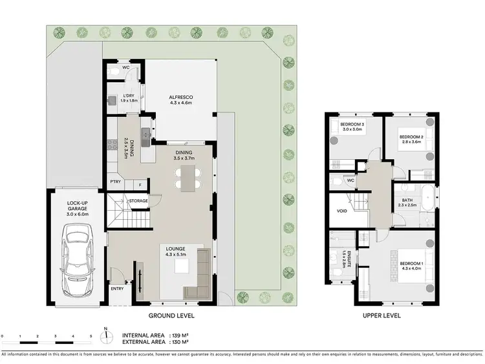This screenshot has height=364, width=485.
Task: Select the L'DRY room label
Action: [129, 98]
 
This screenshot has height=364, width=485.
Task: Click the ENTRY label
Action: [117, 289]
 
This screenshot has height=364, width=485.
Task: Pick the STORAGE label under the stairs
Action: [138, 201]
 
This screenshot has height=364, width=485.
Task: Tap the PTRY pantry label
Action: [115, 183]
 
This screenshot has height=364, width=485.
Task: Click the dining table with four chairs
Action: [188, 177]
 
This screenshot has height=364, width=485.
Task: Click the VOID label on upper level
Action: [342, 211]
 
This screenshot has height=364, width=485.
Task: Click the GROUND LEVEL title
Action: [171, 316]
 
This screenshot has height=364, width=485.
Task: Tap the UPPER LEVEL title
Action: [382, 316]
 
